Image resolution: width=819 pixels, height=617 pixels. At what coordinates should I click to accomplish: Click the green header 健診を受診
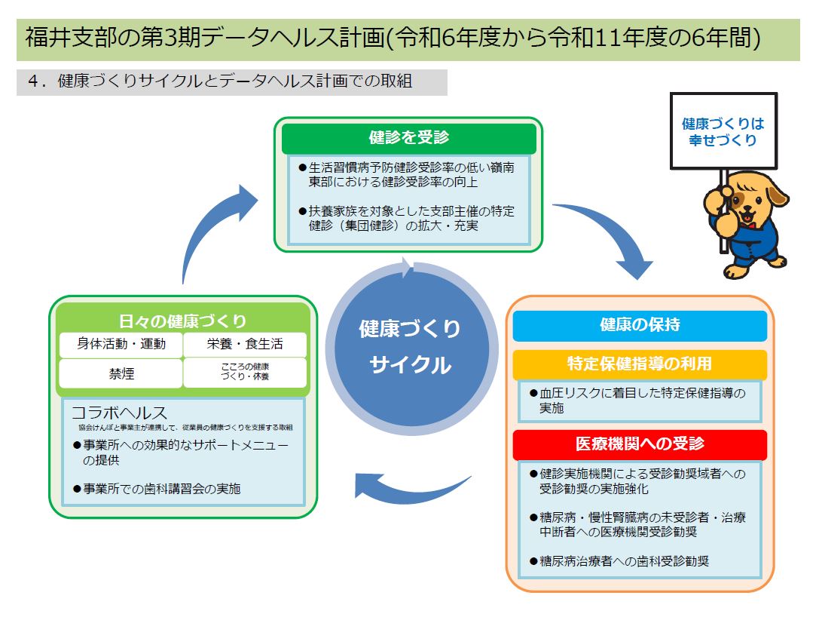click(408, 137)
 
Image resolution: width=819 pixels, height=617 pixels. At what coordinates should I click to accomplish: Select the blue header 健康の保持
click(639, 325)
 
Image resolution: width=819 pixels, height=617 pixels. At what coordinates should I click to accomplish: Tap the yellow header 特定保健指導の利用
click(639, 364)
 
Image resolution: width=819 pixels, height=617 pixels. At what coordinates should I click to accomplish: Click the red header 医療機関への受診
click(639, 444)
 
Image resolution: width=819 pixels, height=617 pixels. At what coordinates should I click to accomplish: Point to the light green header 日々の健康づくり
click(182, 321)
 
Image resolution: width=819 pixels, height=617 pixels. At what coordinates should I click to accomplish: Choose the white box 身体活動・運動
click(121, 345)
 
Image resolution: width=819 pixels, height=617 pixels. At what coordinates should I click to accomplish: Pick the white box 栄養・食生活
click(245, 345)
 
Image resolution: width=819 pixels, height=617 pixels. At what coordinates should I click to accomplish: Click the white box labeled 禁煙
click(121, 373)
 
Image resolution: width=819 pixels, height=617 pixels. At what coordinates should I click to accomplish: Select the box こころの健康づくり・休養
click(245, 373)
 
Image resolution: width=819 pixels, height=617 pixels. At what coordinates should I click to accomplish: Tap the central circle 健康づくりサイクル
click(410, 346)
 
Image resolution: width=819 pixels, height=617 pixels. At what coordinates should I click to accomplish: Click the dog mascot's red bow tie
click(748, 223)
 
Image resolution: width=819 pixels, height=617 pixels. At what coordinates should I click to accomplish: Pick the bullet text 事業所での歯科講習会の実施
click(162, 488)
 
